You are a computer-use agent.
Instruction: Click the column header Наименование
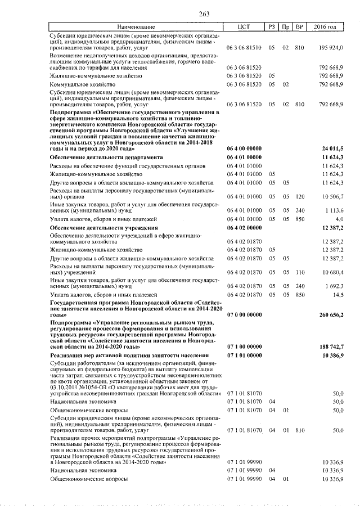pos(136,27)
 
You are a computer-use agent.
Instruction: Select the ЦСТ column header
pos(244,27)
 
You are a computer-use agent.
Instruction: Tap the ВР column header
pos(300,27)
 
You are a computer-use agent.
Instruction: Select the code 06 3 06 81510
pos(244,47)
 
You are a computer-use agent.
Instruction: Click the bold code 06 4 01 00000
pos(244,158)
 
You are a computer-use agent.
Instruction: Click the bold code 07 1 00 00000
pos(244,346)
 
